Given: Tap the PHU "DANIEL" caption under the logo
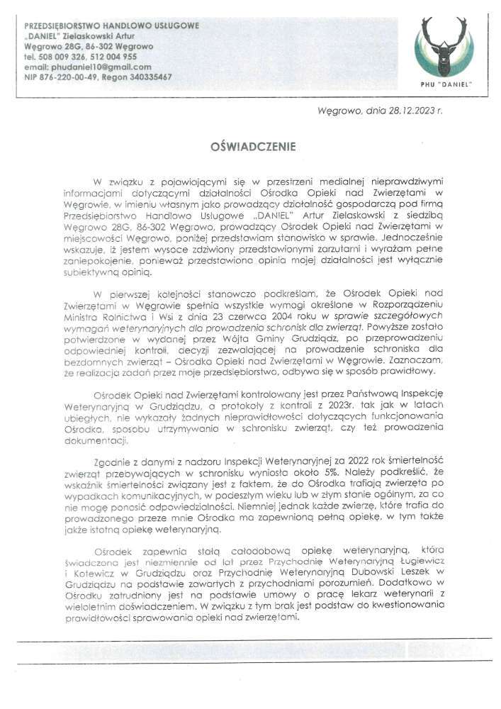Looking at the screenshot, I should click(x=444, y=84).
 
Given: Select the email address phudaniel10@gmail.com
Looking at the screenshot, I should click(x=98, y=67).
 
